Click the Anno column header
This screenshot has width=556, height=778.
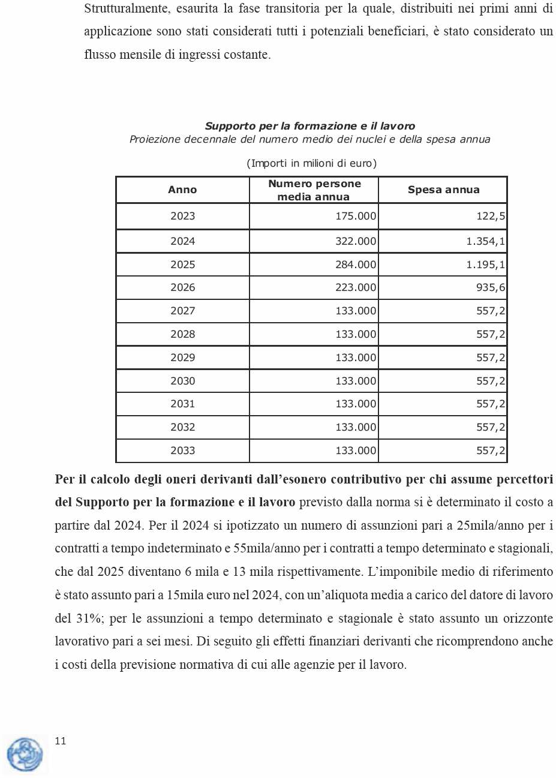tap(182, 190)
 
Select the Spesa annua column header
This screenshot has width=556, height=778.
tap(443, 190)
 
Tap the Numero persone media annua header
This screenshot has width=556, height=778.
tap(314, 190)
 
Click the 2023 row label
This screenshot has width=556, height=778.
tap(182, 216)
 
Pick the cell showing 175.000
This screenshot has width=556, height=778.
tap(356, 216)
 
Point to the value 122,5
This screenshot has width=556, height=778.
tap(491, 216)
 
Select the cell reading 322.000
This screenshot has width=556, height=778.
tap(356, 241)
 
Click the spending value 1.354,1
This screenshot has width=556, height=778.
tap(486, 241)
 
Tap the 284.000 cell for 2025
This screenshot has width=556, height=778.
tap(356, 265)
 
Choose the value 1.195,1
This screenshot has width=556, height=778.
tap(486, 265)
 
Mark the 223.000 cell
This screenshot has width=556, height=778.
tap(356, 287)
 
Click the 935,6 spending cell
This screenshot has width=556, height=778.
tap(491, 287)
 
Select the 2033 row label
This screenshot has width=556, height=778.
tap(182, 450)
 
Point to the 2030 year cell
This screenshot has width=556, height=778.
tap(182, 381)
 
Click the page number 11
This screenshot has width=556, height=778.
tap(61, 741)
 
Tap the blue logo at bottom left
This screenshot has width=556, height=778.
tap(25, 754)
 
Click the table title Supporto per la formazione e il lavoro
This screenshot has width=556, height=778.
tap(309, 126)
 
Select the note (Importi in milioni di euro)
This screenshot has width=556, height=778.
tap(311, 163)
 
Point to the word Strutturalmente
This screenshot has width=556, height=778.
tap(126, 9)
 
